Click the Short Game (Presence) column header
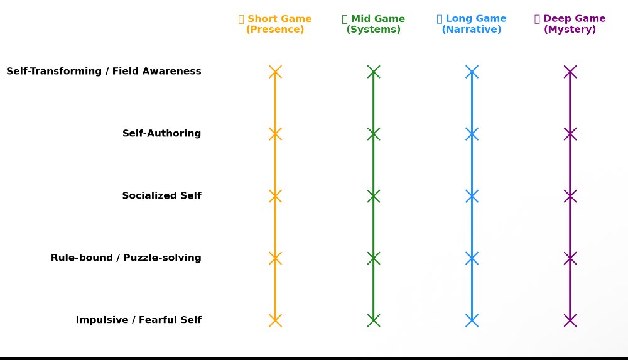(275, 24)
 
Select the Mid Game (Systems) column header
(374, 24)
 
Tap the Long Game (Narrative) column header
(472, 24)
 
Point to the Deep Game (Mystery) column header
(570, 24)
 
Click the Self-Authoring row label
(161, 134)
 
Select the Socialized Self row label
(161, 196)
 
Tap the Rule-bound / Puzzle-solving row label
(126, 258)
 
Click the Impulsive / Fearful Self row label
(138, 320)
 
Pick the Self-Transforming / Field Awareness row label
(104, 72)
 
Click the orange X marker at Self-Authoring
(275, 134)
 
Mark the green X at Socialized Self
(374, 196)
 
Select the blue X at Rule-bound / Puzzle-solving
(472, 258)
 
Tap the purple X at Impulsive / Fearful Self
(570, 320)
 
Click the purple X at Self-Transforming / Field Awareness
(570, 72)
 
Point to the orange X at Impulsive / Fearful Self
(275, 320)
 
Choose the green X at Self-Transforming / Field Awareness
(374, 72)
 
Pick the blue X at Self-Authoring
(472, 134)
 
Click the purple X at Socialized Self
(570, 196)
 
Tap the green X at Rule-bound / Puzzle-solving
(374, 258)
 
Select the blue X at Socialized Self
(472, 196)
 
